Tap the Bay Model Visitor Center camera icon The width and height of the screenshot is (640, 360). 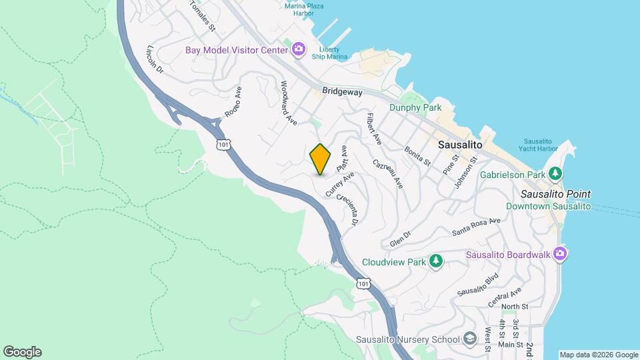(298, 49)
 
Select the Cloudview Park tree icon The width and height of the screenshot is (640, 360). (436, 261)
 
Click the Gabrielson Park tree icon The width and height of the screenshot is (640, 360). (555, 175)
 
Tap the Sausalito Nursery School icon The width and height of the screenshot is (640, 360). (471, 339)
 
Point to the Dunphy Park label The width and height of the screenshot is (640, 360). (416, 107)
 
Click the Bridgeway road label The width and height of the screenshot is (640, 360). (341, 92)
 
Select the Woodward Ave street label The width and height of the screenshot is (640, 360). (288, 103)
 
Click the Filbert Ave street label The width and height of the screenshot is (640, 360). (373, 129)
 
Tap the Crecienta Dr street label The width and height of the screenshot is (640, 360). (348, 209)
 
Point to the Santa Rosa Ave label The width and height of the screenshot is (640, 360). (475, 227)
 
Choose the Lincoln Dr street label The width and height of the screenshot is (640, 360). (155, 59)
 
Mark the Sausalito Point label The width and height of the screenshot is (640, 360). (555, 195)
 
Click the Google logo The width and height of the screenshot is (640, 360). (22, 352)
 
